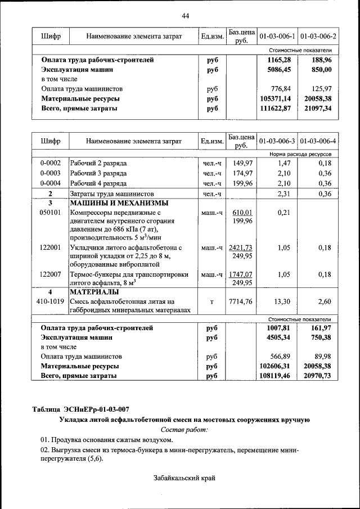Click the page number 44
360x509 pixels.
coord(185,15)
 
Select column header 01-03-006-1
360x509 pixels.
coord(277,37)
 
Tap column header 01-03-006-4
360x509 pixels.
coord(318,141)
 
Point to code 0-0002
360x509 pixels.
coord(50,163)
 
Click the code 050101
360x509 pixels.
coord(50,213)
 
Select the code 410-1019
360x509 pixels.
coord(50,302)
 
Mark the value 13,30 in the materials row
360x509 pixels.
coord(281,302)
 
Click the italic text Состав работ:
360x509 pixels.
coord(185,430)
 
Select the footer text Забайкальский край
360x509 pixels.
coord(184,478)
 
